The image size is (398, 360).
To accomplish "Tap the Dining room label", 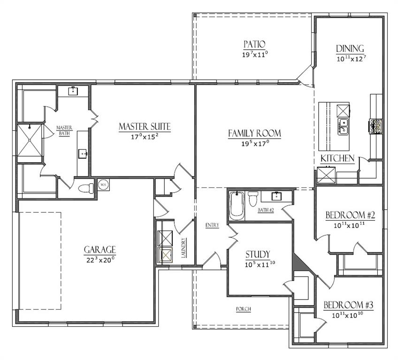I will click(350, 49).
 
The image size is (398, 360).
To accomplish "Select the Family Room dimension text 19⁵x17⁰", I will click(254, 144).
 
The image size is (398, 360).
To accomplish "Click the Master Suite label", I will click(144, 127).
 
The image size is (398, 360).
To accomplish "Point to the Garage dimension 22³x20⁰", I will click(99, 259).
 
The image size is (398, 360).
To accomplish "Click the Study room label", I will click(258, 255).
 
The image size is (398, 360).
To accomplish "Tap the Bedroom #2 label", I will click(350, 215).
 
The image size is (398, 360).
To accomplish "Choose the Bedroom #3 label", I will click(349, 305).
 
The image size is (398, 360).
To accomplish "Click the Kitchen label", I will click(337, 158).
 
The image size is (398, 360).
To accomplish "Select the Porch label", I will click(244, 309).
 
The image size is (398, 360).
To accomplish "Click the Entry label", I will click(212, 225).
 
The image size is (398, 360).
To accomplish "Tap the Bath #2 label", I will click(266, 210).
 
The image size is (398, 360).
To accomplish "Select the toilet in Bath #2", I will click(253, 199).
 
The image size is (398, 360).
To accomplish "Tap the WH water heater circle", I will click(103, 184).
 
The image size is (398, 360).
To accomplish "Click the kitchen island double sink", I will click(344, 126).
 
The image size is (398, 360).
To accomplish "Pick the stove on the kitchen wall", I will click(376, 125).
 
